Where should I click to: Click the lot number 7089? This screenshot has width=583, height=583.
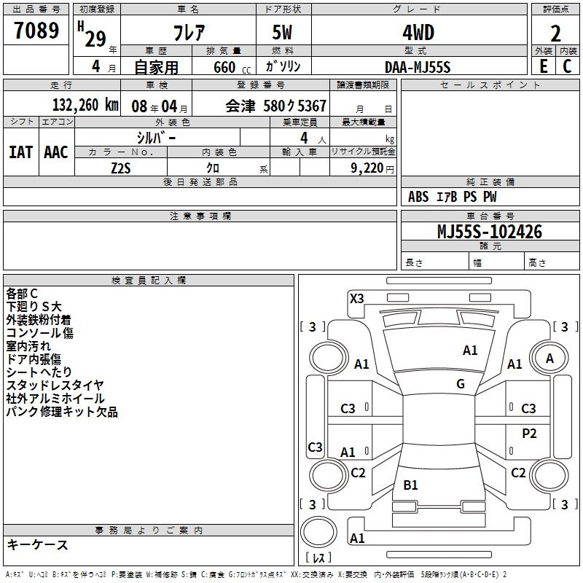click(36, 33)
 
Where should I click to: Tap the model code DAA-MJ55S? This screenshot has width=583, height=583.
click(418, 66)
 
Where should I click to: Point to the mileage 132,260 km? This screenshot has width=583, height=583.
click(85, 105)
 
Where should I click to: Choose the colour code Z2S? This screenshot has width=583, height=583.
click(121, 167)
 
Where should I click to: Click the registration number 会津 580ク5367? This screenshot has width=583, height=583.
click(275, 106)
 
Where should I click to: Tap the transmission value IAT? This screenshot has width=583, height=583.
click(21, 152)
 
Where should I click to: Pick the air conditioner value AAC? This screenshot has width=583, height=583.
click(56, 152)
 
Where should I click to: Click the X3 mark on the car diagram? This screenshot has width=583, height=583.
click(357, 298)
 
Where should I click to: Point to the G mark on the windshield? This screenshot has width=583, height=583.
click(461, 383)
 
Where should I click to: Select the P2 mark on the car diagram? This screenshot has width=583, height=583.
click(529, 433)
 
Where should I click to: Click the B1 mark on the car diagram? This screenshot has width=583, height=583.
click(410, 485)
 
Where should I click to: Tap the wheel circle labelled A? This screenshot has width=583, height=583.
click(549, 358)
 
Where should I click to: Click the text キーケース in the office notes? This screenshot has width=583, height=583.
click(38, 544)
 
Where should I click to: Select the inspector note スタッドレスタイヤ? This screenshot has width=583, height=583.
click(55, 386)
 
